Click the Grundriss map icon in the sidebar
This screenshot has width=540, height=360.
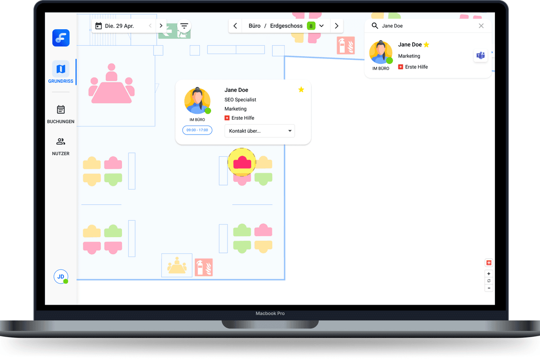click(x=61, y=69)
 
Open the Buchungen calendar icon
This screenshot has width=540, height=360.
click(x=61, y=109)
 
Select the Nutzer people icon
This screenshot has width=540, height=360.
click(x=61, y=142)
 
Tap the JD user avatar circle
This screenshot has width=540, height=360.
click(x=61, y=277)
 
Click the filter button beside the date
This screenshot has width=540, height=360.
click(x=184, y=26)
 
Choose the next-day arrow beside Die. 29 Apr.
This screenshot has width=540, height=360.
click(x=161, y=26)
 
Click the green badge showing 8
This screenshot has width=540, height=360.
click(x=311, y=26)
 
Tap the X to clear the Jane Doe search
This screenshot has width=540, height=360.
click(x=481, y=26)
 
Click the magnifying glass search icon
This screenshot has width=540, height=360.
click(x=374, y=26)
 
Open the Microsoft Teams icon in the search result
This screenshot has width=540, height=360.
click(x=481, y=55)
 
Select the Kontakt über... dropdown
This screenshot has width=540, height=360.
click(x=260, y=131)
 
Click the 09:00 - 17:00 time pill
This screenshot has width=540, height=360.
click(x=197, y=130)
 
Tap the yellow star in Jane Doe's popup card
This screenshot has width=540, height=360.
click(x=301, y=90)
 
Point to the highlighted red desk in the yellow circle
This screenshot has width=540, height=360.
click(x=242, y=162)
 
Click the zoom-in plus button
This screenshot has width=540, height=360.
click(x=489, y=274)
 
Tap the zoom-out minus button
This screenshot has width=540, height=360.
click(x=489, y=288)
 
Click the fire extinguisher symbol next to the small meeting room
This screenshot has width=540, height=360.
click(x=204, y=267)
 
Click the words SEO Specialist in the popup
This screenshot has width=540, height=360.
click(x=240, y=99)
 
